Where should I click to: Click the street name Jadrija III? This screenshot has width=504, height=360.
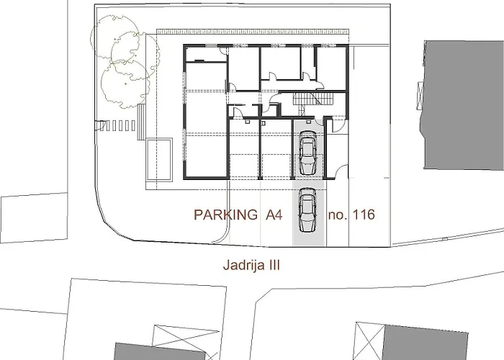point(250,265)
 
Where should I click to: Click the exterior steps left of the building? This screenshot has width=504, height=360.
point(119,125)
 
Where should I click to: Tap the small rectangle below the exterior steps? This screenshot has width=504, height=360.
point(158,158)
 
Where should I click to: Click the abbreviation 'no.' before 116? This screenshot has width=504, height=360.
point(336,215)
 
